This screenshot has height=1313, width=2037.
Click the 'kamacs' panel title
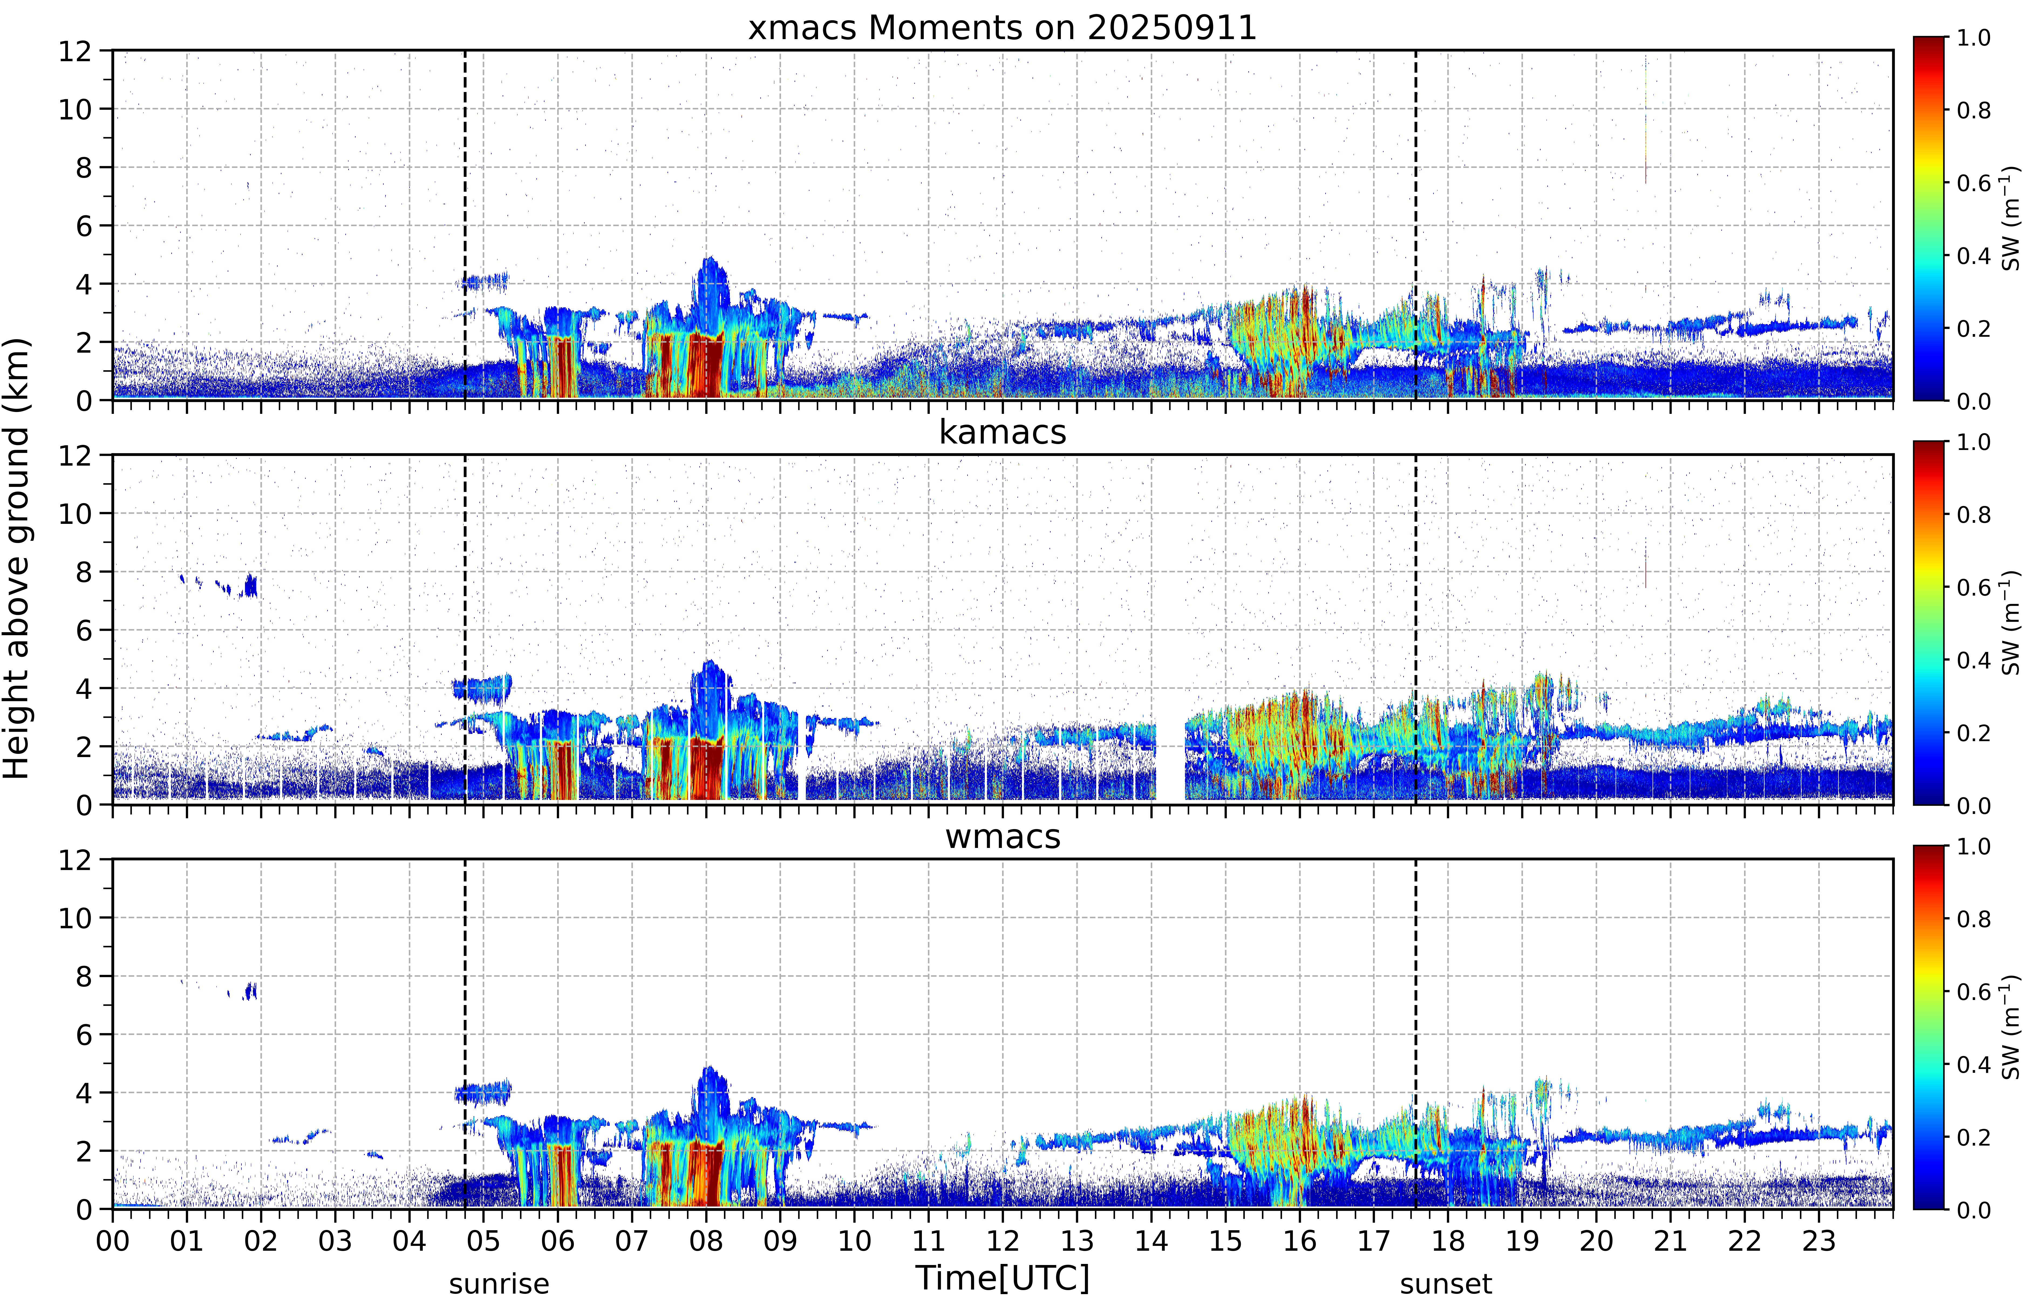click(x=1002, y=432)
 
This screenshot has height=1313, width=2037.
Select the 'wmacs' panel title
click(x=1002, y=836)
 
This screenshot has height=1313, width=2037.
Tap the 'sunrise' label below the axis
click(x=499, y=1283)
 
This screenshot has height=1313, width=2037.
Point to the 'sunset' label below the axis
click(x=1446, y=1283)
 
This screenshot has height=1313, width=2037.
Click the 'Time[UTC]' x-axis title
click(x=1002, y=1278)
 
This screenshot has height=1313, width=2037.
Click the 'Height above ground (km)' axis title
click(x=17, y=558)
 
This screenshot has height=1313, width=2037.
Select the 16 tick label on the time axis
click(x=1299, y=1240)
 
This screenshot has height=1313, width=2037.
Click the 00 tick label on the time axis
click(x=113, y=1240)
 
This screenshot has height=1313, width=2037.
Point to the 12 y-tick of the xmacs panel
click(x=75, y=51)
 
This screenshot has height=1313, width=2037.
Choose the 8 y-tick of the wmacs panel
click(x=84, y=976)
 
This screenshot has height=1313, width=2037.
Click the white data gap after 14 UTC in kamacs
click(x=1170, y=759)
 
